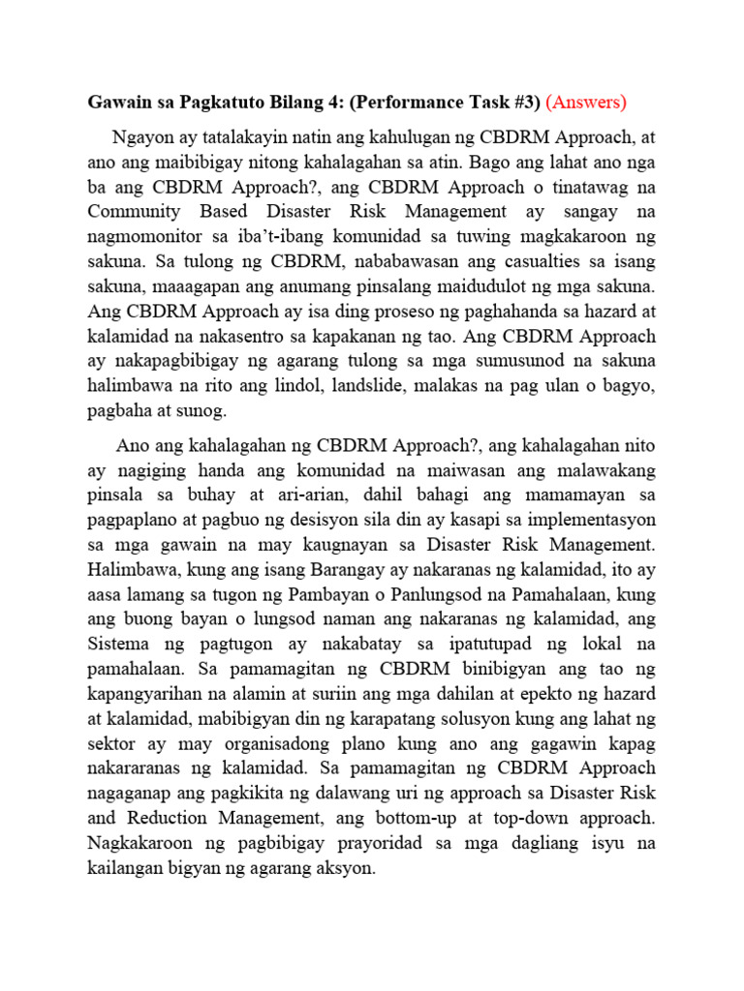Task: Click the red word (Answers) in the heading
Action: (587, 102)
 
